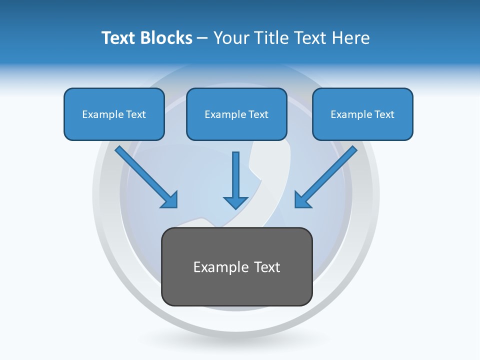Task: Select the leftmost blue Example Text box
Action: tap(114, 114)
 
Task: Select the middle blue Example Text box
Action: tap(236, 114)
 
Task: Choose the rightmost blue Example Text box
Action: tap(362, 114)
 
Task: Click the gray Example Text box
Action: tap(237, 267)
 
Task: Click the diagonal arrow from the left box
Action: tap(145, 176)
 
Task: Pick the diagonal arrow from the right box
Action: tap(327, 176)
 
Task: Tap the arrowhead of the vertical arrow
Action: tap(235, 202)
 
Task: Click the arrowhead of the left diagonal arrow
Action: tap(170, 200)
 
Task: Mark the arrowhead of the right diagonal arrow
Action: tap(302, 200)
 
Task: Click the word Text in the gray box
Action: tap(267, 267)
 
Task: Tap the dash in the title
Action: tap(202, 38)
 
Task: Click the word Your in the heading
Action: tap(231, 38)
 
